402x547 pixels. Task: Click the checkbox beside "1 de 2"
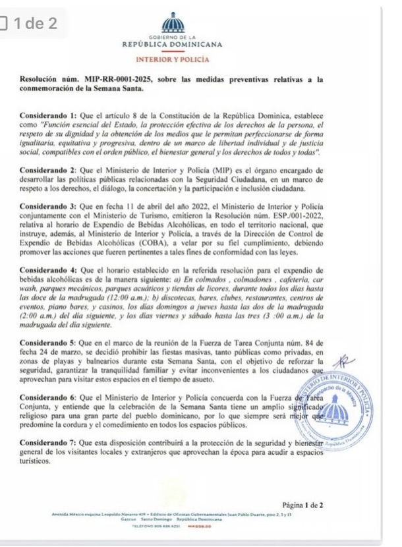click(x=5, y=24)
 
